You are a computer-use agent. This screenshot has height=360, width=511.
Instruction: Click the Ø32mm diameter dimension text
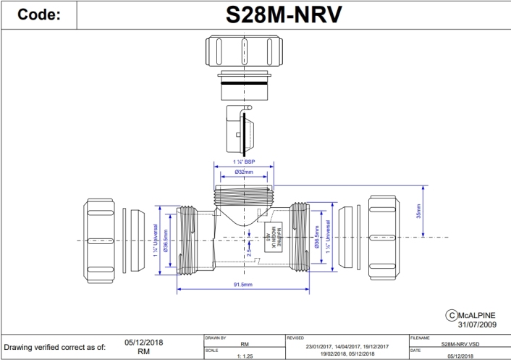243,172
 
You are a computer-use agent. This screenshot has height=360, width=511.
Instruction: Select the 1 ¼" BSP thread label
243,162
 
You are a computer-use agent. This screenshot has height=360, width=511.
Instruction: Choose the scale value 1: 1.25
244,355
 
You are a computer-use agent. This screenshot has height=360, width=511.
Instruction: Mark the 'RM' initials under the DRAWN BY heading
244,345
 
